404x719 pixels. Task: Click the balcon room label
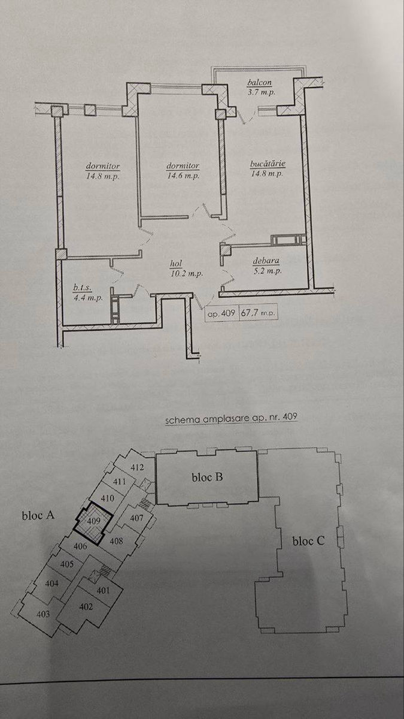click(259, 83)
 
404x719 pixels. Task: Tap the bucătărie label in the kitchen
click(268, 164)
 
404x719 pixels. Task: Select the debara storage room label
click(266, 261)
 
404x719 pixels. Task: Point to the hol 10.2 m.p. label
click(186, 268)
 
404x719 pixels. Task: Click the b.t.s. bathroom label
click(83, 288)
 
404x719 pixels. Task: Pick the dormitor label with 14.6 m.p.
click(183, 166)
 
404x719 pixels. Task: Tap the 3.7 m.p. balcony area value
click(262, 92)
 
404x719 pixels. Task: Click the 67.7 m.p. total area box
click(258, 312)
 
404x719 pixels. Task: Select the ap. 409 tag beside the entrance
click(221, 313)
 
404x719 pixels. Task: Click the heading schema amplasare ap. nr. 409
click(231, 419)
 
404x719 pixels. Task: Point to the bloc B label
click(207, 478)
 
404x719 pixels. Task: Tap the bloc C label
click(308, 541)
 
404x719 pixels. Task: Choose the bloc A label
click(38, 515)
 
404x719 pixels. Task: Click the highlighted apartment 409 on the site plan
click(93, 520)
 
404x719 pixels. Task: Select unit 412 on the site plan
click(137, 467)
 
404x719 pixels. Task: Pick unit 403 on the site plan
click(43, 614)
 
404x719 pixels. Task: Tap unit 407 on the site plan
click(136, 518)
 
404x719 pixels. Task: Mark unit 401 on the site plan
click(103, 590)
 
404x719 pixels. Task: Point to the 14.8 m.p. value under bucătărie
click(267, 174)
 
